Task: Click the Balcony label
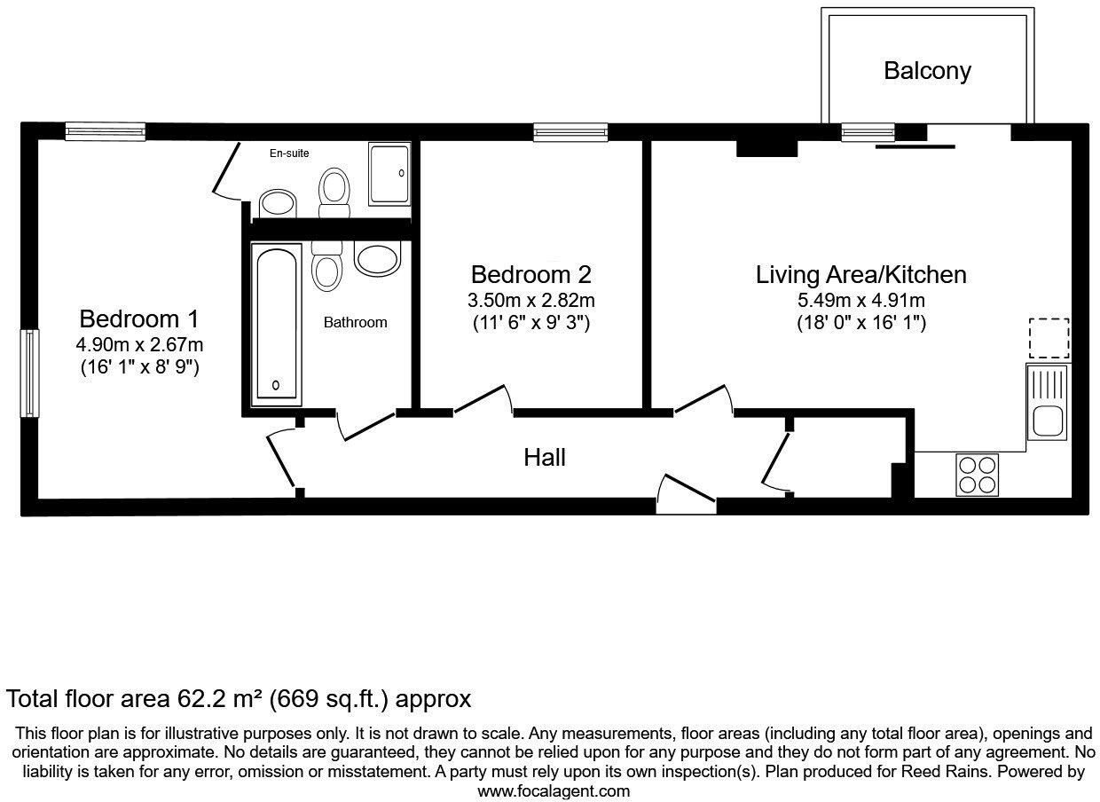pos(927,71)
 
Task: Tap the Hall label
pos(545,458)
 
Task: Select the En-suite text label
pos(289,153)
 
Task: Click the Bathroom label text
pos(355,323)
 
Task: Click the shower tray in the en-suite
pos(390,174)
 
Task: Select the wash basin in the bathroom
pos(379,257)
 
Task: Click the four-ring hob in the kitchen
pos(977,474)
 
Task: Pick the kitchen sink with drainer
pos(1048,402)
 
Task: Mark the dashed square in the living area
pos(1049,338)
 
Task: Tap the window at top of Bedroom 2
pos(571,132)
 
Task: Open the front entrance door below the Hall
pos(685,492)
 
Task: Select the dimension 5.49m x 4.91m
pos(860,300)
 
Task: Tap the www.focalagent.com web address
pos(554,790)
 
